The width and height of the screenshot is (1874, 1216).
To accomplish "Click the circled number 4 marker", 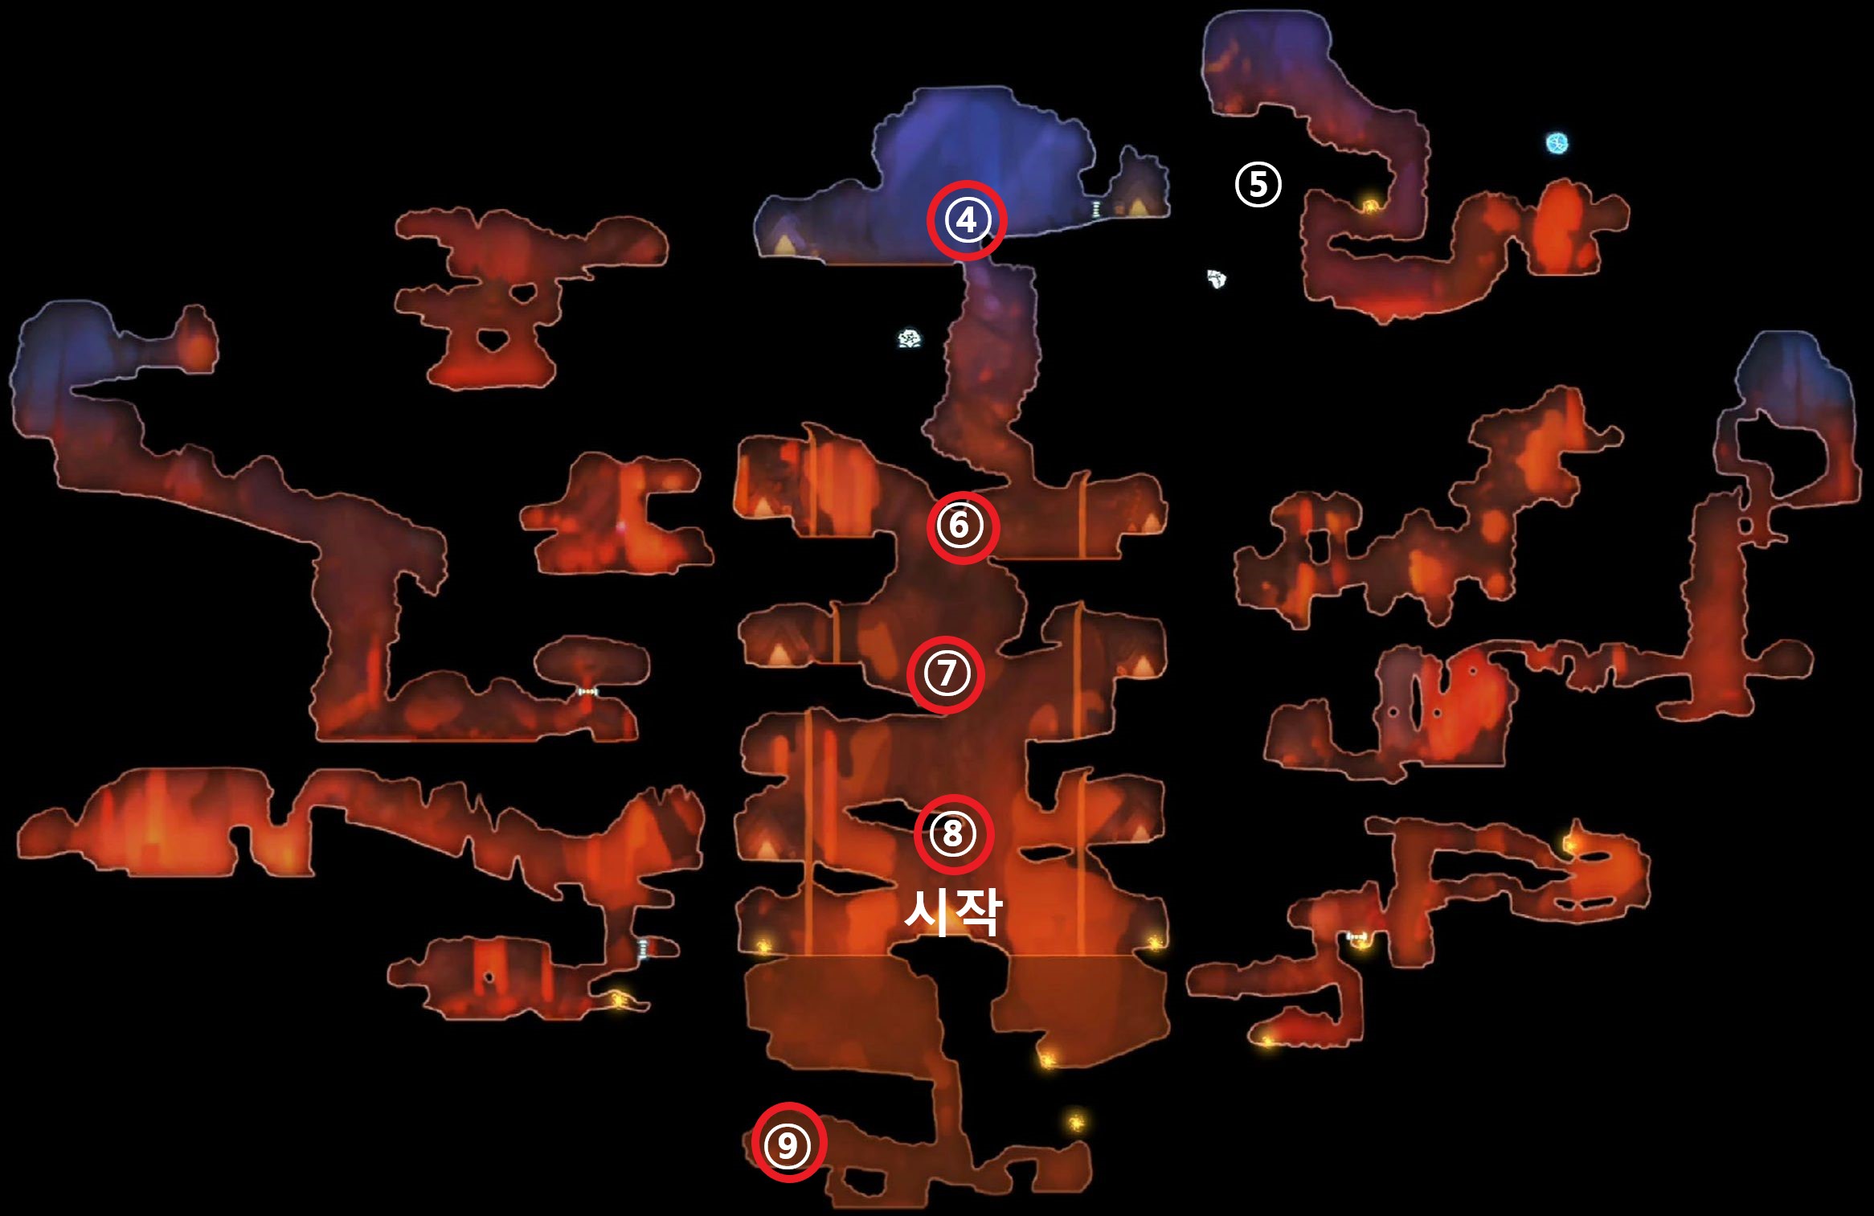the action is coord(966,220).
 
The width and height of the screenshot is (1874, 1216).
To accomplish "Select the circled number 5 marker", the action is coord(1258,184).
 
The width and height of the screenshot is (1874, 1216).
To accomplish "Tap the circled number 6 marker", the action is coord(961,526).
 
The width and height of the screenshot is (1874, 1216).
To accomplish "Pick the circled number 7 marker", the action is coord(945,674).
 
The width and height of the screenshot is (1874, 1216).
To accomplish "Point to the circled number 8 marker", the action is coord(953,833).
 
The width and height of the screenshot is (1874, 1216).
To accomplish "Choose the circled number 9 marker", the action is coord(788,1144).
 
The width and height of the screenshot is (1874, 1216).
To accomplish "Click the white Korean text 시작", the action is coord(953,912).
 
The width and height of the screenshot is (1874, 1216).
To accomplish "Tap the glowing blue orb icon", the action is coord(1557,143).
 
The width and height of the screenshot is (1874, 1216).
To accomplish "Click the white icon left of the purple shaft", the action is coord(909,339).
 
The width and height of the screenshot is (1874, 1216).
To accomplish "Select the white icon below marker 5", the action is coord(1217,279).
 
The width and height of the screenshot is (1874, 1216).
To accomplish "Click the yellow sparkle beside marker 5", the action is coord(1368,207).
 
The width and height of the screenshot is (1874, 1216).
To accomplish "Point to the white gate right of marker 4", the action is coord(1096,208).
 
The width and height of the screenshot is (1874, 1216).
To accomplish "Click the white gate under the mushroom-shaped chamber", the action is coord(588,691).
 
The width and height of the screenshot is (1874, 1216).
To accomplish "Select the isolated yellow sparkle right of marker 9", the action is coord(1075,1121).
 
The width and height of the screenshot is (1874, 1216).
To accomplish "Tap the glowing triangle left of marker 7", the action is coord(779,656).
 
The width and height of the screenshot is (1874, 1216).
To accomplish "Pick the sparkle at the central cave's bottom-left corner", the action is coord(762,946).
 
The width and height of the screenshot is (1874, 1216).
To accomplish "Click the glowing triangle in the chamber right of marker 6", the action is coord(1151,524).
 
